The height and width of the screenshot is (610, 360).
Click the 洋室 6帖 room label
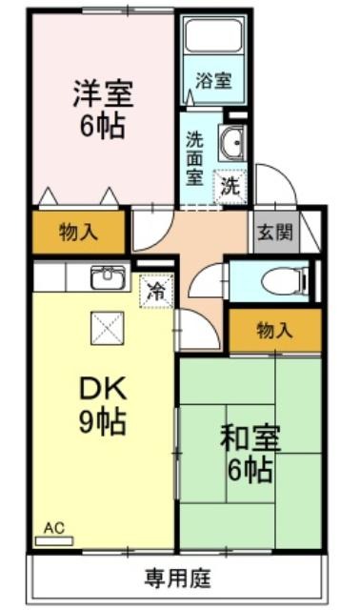click(103, 109)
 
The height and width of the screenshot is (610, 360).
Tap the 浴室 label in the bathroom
click(213, 80)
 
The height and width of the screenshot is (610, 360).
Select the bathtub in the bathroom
click(213, 35)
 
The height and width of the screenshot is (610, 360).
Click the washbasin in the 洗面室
click(231, 142)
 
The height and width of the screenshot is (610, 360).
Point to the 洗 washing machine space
click(230, 187)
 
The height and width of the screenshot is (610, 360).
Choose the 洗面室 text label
click(194, 158)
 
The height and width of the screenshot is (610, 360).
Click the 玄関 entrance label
click(275, 233)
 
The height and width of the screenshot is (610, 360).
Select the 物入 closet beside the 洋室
click(78, 233)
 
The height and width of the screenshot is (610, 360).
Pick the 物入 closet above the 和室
click(275, 331)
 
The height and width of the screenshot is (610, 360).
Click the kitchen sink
click(108, 277)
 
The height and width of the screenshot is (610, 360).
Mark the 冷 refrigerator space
click(157, 291)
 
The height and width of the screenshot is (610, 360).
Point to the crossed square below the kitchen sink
click(108, 328)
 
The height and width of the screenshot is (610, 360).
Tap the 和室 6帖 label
click(250, 454)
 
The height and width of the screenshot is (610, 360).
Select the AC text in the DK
click(54, 527)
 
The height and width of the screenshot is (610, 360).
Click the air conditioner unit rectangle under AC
click(54, 540)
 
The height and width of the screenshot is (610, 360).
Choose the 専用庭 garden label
click(178, 579)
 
